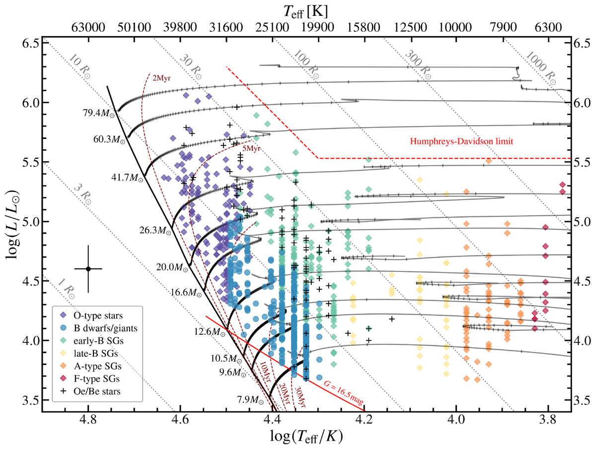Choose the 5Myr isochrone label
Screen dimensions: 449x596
pyautogui.click(x=251, y=147)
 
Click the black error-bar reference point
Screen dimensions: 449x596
pyautogui.click(x=88, y=269)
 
